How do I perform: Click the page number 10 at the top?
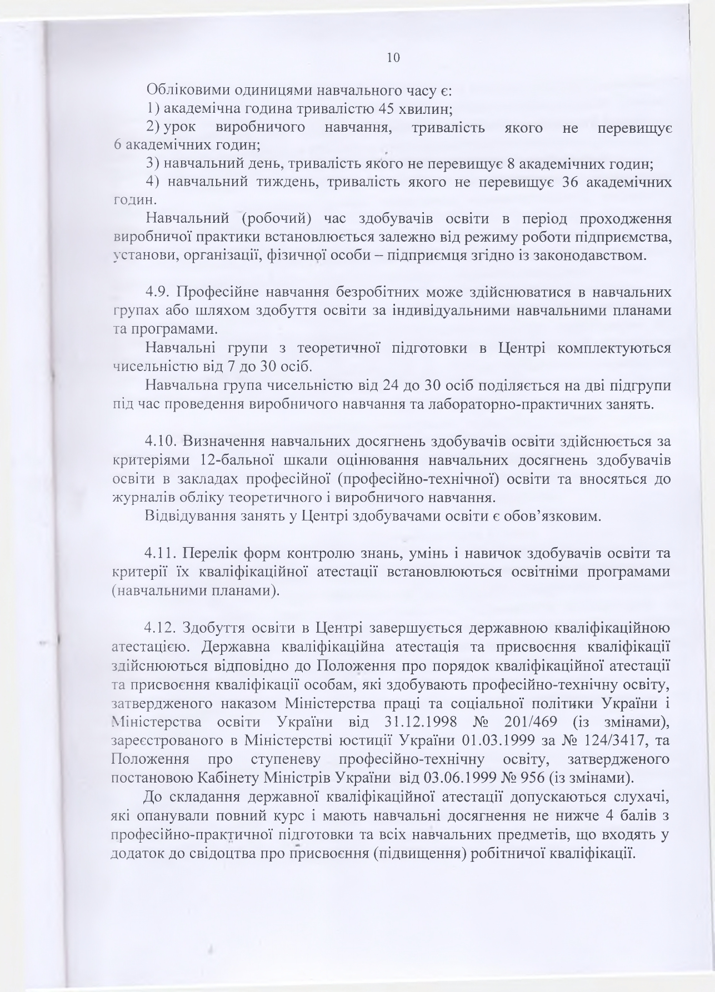pyautogui.click(x=393, y=58)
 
